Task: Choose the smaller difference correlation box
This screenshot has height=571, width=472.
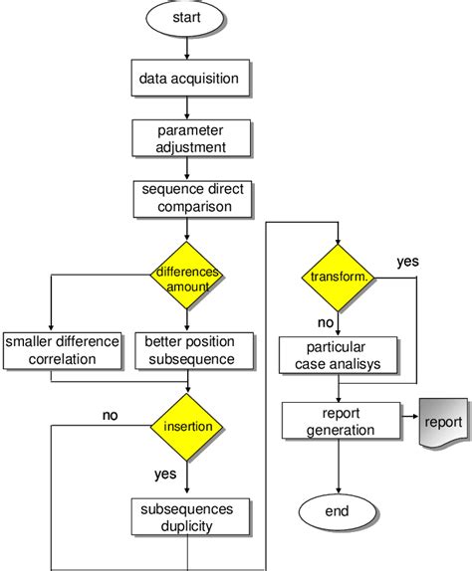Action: coord(62,349)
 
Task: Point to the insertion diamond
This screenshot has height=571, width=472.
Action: coord(186,426)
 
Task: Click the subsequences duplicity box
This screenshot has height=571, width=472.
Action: coord(186,515)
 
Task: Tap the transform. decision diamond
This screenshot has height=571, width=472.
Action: coord(340,278)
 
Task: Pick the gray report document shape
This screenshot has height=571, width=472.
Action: coord(442,422)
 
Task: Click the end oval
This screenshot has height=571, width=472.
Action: coord(340,511)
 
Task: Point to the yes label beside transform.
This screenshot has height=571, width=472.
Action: coord(407,262)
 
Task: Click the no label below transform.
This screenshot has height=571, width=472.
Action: coord(325,322)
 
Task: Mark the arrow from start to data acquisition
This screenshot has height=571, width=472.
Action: coord(186,48)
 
